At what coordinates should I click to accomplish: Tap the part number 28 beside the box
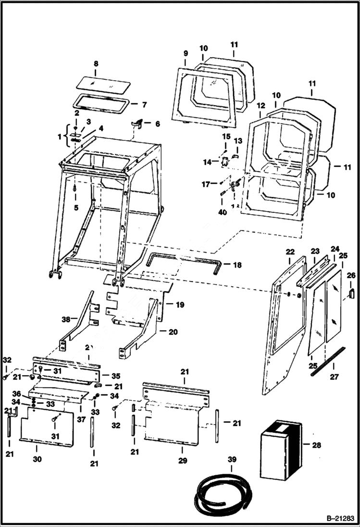316,445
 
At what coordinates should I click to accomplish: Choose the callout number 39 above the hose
232,460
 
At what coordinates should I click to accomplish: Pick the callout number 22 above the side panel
289,251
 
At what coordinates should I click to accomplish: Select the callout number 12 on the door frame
261,105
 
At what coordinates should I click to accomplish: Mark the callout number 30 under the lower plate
37,459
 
